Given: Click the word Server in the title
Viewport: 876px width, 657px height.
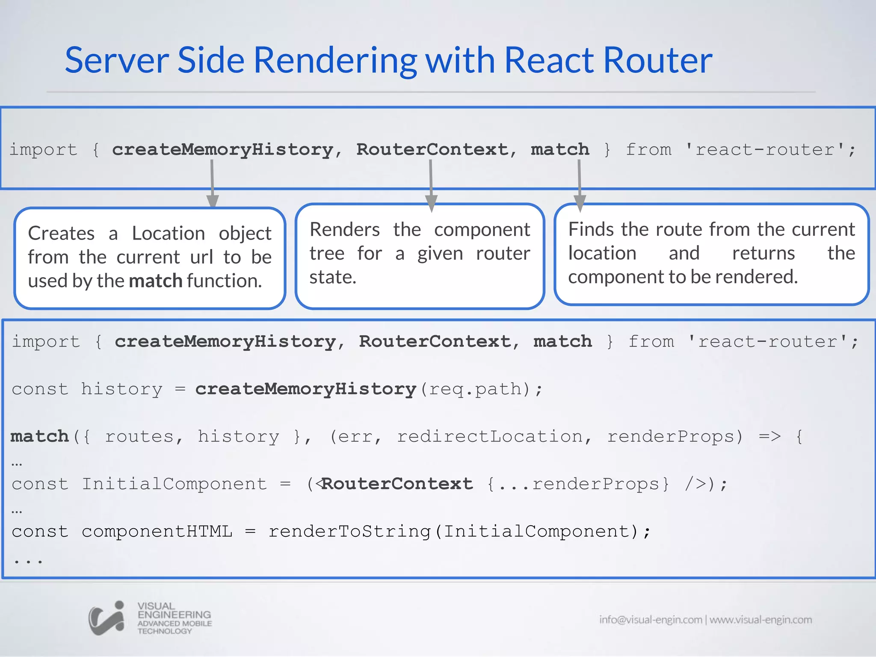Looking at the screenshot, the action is click(x=116, y=60).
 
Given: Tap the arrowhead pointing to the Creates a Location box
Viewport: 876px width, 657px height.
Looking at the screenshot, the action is click(x=213, y=201).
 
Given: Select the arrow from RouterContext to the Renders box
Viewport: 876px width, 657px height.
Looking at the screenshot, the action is click(x=431, y=184).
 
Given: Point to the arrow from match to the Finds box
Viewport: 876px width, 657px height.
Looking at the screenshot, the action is click(x=580, y=184).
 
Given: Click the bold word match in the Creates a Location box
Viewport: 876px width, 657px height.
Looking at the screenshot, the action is click(x=156, y=281).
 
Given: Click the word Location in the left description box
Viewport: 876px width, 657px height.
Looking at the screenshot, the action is click(x=168, y=234).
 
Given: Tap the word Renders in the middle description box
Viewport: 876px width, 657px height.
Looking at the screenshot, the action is click(x=344, y=230).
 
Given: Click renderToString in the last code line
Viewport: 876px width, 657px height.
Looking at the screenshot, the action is click(x=349, y=532).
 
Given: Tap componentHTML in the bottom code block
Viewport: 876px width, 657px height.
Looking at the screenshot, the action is click(x=157, y=532).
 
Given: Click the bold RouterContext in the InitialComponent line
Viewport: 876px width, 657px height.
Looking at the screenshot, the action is click(x=397, y=484).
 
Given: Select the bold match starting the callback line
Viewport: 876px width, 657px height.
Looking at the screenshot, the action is click(x=39, y=437).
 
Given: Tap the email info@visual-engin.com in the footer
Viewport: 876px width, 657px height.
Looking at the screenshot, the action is click(x=650, y=620).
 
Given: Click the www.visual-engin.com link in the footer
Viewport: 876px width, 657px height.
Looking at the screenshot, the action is click(x=761, y=620).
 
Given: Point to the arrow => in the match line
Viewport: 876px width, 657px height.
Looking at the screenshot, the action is click(x=769, y=437).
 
